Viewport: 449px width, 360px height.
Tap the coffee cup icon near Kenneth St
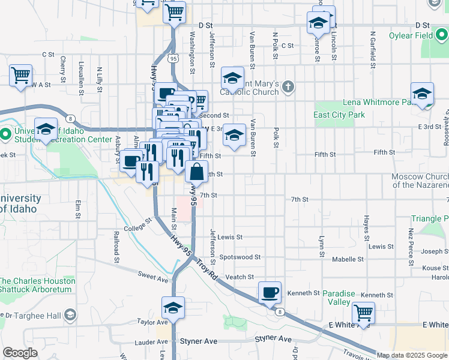(270, 292)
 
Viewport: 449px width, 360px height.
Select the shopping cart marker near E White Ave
(363, 312)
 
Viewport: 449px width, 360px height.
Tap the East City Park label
(339, 115)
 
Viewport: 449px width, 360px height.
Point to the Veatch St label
(240, 277)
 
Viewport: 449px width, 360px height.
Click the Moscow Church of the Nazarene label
(420, 181)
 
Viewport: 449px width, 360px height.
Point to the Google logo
(20, 353)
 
